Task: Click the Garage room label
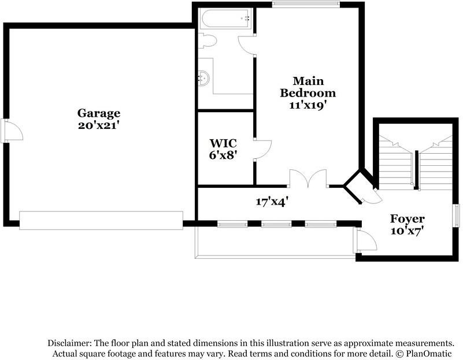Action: coord(99,114)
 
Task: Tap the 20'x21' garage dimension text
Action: coord(99,125)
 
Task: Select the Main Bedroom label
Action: coord(308,87)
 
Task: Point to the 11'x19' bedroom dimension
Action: coord(308,105)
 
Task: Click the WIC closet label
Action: coord(223,143)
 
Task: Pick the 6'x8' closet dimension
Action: coord(223,155)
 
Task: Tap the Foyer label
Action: coord(407,219)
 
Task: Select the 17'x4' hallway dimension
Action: coord(272,202)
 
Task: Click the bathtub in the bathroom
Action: coord(226,18)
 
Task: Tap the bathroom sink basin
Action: coord(203,78)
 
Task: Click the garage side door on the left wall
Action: coord(12,131)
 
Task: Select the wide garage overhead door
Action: coord(101,220)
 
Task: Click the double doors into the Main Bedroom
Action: coord(308,179)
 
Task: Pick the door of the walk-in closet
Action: coord(263,150)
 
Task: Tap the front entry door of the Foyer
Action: coord(365,240)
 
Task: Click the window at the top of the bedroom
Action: coord(306,3)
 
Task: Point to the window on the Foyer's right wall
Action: coord(457,216)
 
